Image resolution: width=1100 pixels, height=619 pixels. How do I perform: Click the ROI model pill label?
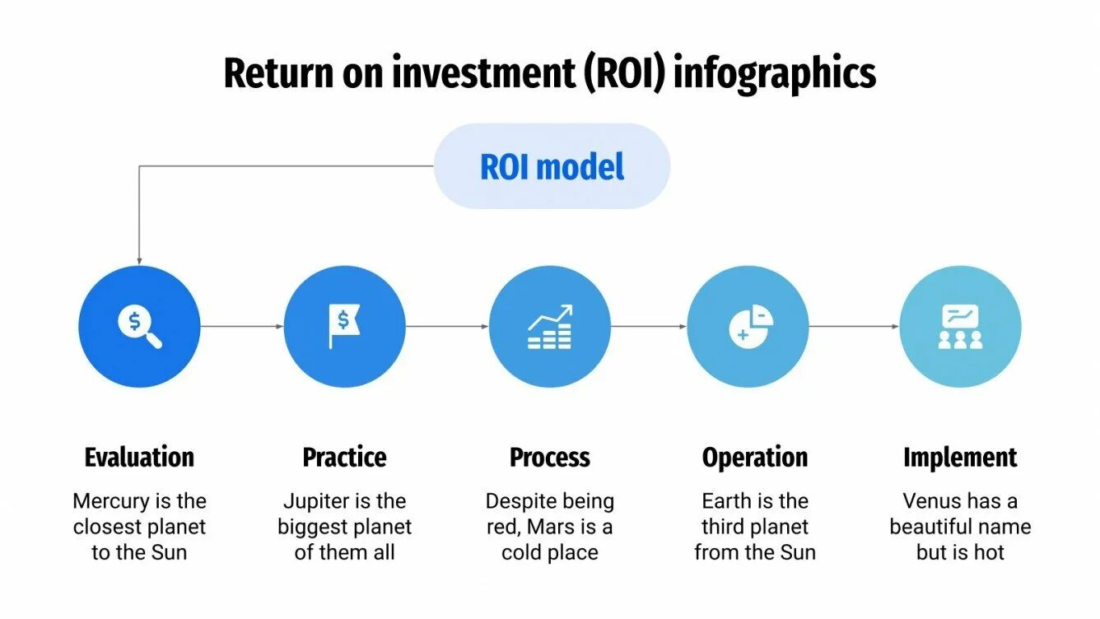point(552,166)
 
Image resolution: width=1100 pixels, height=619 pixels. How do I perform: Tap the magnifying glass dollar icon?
point(139,326)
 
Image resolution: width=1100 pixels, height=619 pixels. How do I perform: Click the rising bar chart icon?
point(550,326)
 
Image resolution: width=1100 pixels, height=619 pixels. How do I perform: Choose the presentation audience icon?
point(960,326)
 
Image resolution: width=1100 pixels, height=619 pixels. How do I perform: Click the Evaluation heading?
point(139,457)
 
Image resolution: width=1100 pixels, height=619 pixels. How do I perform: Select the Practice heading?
point(344,457)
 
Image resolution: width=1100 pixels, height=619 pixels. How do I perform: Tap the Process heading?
point(550,457)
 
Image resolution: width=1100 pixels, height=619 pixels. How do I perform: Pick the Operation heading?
point(755,457)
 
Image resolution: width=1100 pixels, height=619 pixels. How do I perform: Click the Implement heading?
point(960,457)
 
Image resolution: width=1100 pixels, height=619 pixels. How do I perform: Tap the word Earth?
point(729,501)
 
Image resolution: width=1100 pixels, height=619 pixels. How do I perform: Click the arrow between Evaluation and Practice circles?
point(242,327)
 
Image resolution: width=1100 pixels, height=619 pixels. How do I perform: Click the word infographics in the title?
point(774,74)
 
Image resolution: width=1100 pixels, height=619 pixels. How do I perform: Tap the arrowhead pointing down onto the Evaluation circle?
point(138,259)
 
